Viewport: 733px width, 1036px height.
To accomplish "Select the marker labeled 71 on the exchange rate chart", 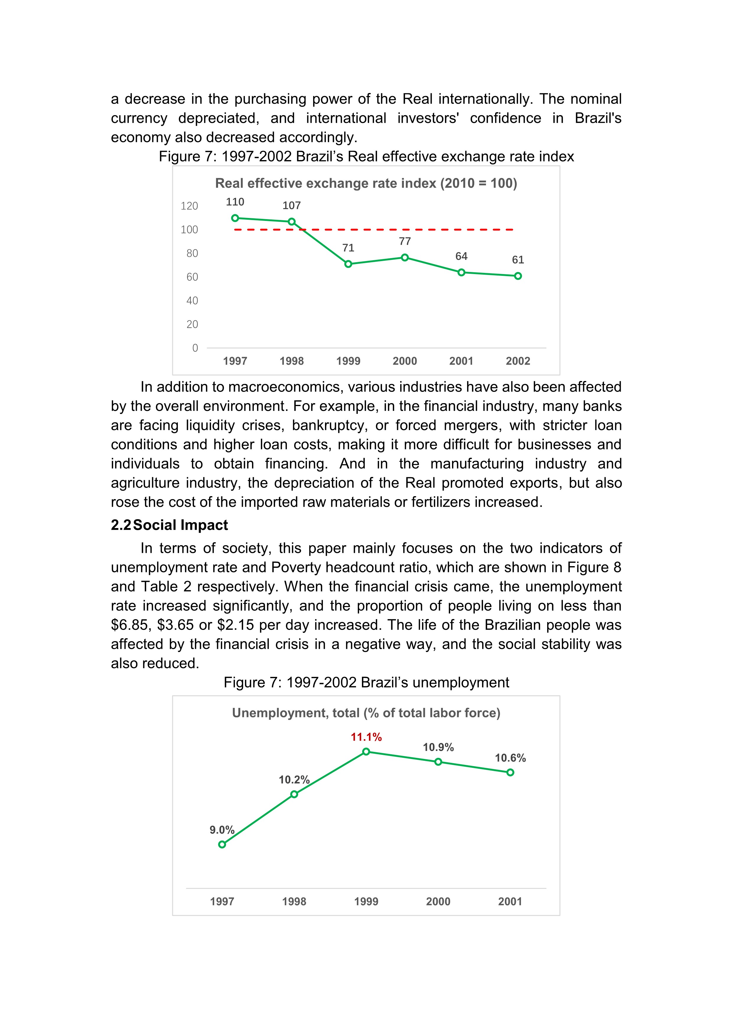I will [348, 264].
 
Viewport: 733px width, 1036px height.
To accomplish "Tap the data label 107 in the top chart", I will [292, 206].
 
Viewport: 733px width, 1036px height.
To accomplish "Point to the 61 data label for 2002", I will [518, 260].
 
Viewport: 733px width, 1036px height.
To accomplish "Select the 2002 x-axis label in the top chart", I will [518, 361].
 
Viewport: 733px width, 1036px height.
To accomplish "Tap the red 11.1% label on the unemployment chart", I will [366, 737].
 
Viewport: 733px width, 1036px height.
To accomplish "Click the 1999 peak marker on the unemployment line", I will [366, 752].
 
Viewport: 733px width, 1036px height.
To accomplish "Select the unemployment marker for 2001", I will [510, 773].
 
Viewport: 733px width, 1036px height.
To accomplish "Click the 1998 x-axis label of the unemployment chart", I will [294, 902].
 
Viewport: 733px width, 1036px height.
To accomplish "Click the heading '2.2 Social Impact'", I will [169, 525].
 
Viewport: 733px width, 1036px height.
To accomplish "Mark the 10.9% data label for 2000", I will [438, 747].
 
